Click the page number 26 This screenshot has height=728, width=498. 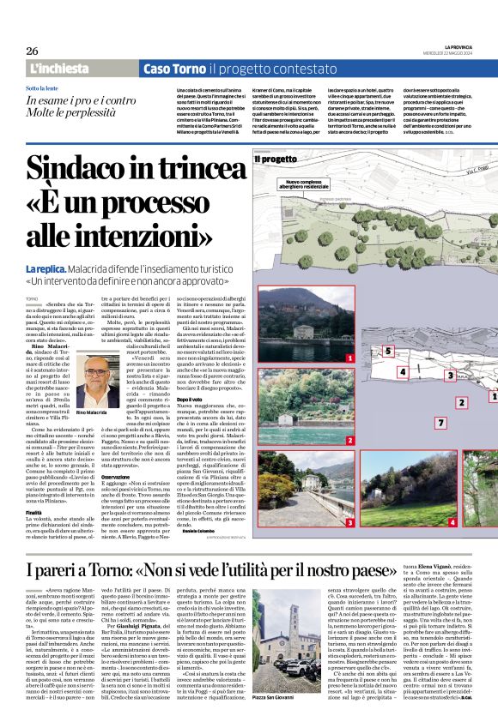(x=32, y=51)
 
